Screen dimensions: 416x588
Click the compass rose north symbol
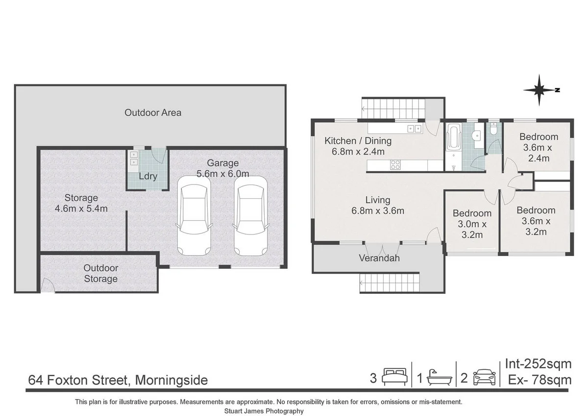540,90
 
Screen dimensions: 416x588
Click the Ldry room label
148,176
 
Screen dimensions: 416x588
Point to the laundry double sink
133,158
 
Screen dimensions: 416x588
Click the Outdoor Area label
152,112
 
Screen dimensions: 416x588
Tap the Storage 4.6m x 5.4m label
81,203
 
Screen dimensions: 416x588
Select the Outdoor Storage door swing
47,286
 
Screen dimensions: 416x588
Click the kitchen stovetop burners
395,165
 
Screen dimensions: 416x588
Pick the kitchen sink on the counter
414,129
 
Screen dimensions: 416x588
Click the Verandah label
379,258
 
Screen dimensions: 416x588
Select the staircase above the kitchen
392,108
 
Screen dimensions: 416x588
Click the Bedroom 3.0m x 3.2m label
472,224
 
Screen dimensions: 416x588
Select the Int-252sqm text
538,364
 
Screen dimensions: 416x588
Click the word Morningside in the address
171,380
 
